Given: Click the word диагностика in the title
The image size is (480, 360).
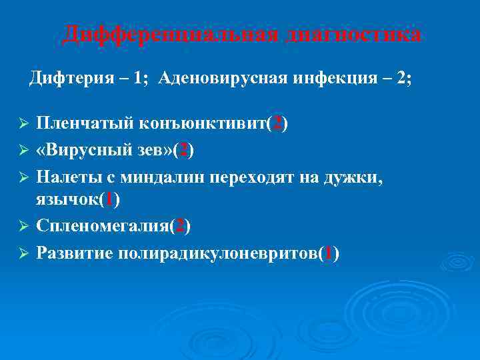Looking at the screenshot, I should [x=353, y=34].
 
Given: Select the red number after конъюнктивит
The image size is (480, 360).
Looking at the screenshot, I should [x=277, y=125].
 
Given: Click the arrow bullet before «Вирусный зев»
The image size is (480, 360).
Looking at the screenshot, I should [x=22, y=151].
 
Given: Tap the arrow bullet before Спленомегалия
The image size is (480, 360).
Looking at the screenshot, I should [x=22, y=227].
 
